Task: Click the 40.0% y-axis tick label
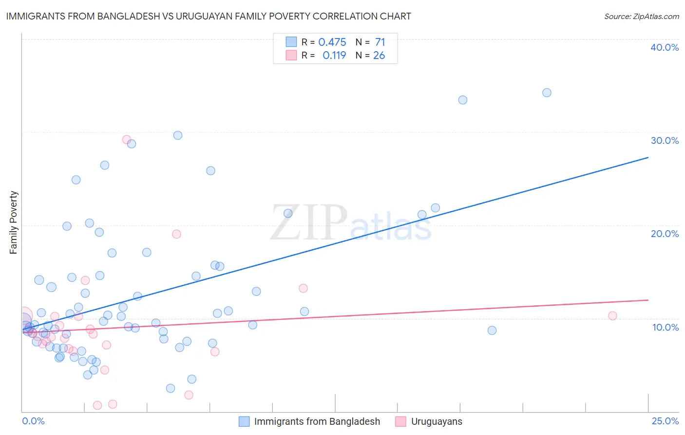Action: (x=665, y=47)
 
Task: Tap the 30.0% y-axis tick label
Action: (x=665, y=140)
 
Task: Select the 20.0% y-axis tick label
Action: (x=665, y=234)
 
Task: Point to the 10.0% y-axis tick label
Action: (x=666, y=327)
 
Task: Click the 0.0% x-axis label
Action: (x=33, y=421)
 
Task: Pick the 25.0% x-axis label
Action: (x=665, y=421)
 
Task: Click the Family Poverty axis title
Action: (x=14, y=222)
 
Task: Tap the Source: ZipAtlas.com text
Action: (x=641, y=16)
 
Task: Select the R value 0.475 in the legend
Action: (x=332, y=42)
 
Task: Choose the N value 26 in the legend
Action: (x=379, y=56)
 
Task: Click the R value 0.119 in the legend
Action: (x=334, y=56)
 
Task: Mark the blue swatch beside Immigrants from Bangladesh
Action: (x=244, y=421)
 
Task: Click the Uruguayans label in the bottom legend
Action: (x=437, y=421)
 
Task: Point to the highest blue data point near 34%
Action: (x=547, y=93)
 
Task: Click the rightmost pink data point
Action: (x=612, y=316)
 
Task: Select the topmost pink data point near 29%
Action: (x=126, y=139)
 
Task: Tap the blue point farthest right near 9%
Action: (x=492, y=330)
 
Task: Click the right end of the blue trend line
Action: (x=648, y=158)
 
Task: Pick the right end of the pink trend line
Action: (x=648, y=300)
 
